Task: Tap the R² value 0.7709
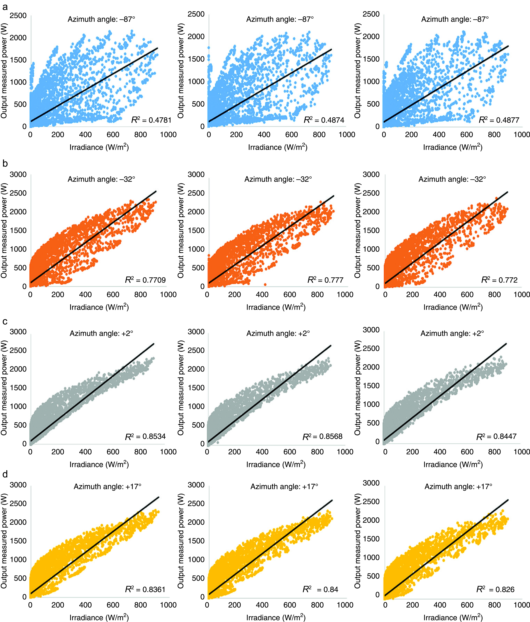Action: (145, 280)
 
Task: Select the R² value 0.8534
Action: (145, 436)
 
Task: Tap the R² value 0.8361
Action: (145, 590)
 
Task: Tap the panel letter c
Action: (5, 322)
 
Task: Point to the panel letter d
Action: (5, 474)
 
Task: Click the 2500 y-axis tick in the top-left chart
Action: (18, 16)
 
